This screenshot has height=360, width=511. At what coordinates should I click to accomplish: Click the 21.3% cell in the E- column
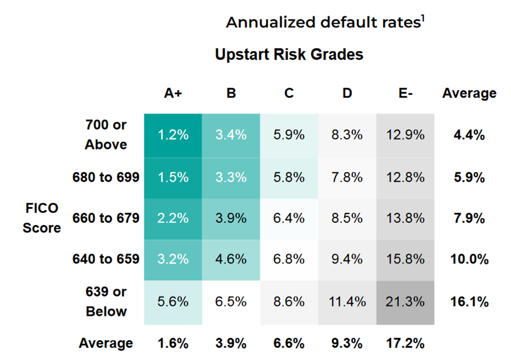point(405,302)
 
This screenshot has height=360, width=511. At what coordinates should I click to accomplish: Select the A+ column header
point(173,93)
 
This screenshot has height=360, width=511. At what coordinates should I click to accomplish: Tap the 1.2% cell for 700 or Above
point(173,135)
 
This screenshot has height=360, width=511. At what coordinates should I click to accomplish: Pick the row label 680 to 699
point(106,177)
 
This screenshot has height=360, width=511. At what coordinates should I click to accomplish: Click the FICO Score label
point(42,218)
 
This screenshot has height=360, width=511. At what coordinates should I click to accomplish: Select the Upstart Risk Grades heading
point(289,54)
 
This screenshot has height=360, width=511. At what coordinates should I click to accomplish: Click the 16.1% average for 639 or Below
point(469,302)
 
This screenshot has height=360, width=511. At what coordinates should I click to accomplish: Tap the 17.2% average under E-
point(405,343)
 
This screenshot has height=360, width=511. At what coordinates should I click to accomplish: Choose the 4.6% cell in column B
point(231,259)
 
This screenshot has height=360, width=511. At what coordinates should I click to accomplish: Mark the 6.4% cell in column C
point(289,218)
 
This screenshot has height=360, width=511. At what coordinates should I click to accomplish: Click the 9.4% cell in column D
point(347,259)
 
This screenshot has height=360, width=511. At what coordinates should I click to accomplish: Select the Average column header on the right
point(469,93)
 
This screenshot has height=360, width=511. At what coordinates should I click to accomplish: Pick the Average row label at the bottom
point(106,343)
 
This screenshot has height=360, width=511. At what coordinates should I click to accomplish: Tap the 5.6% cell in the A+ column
point(173,302)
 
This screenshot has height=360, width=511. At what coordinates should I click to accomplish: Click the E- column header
point(405,93)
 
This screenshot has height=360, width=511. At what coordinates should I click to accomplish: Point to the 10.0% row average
point(469,259)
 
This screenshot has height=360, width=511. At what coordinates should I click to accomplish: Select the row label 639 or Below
point(106,302)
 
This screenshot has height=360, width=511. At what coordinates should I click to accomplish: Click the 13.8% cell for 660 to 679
point(405,218)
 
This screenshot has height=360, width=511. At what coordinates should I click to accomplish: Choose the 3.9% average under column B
point(231,343)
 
